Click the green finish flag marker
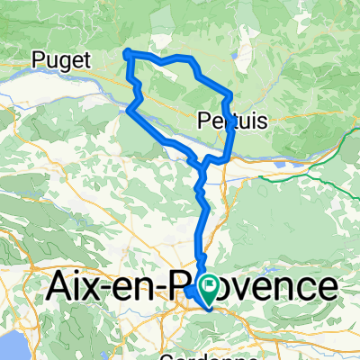(211, 290)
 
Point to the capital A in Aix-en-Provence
(58, 287)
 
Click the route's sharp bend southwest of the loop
(129, 110)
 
